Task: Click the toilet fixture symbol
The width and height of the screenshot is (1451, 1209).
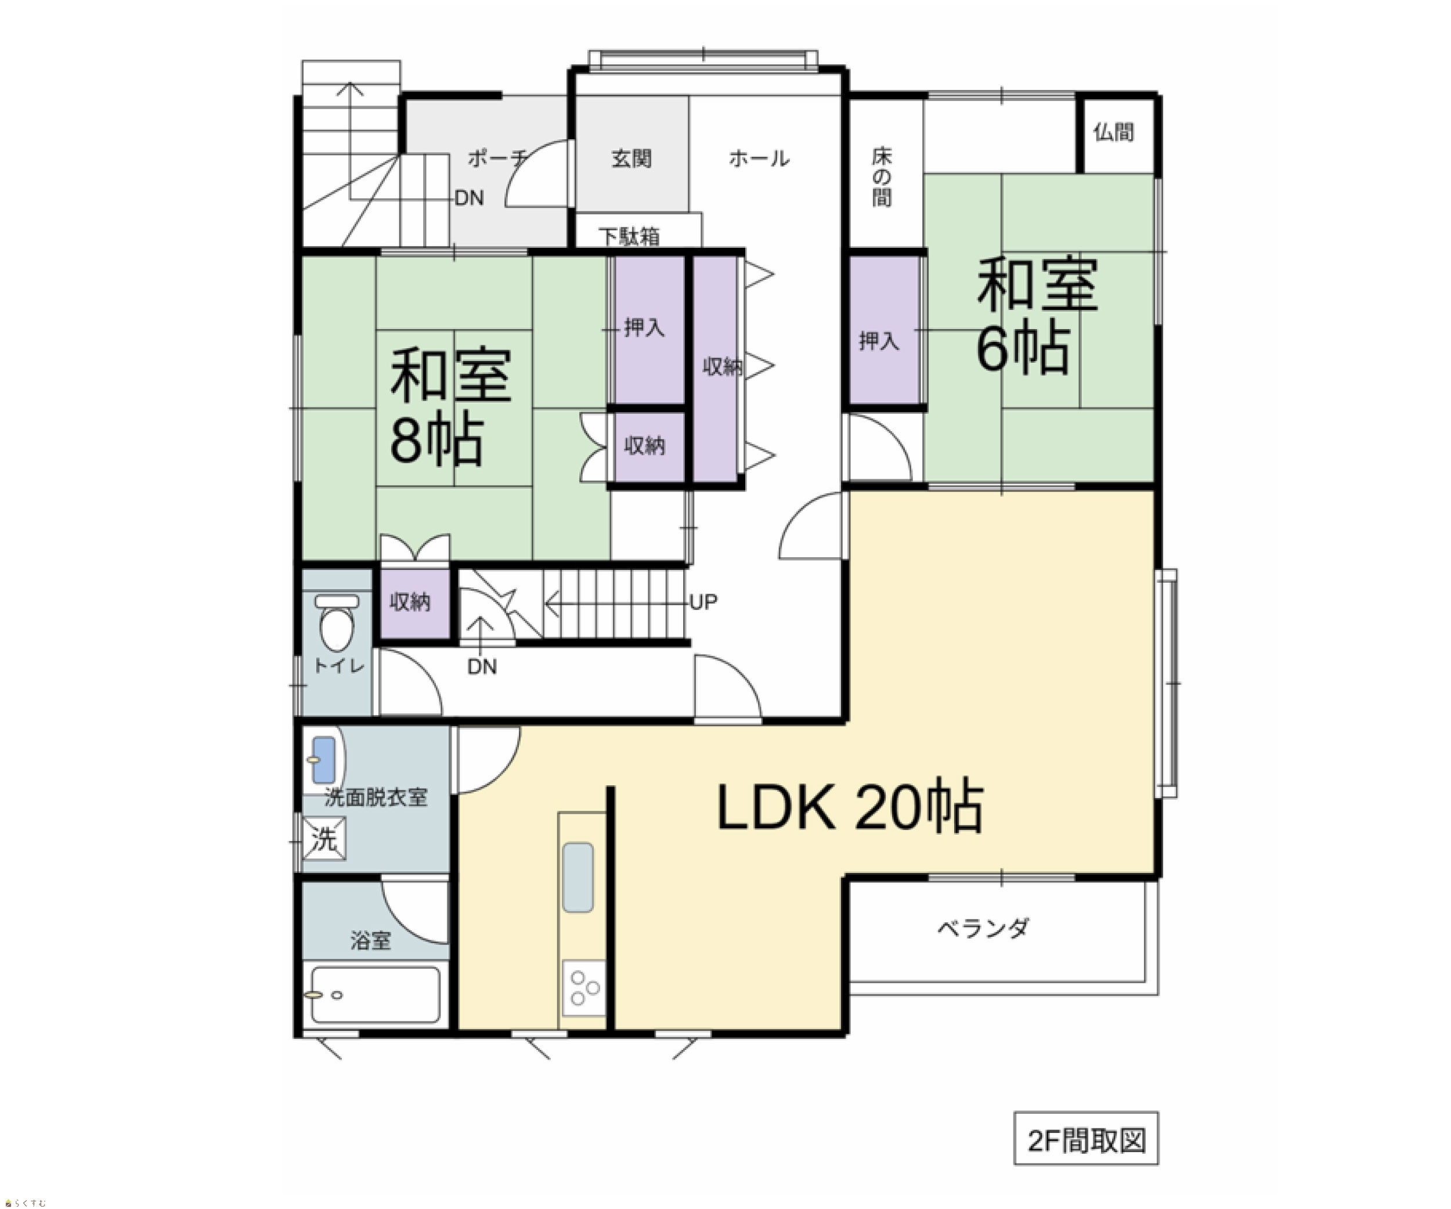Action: [x=337, y=622]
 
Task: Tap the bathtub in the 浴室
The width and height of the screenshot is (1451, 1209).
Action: [x=375, y=995]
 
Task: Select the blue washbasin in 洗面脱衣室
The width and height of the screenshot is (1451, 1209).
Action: [x=323, y=760]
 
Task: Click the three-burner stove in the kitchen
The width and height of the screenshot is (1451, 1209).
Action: [x=584, y=988]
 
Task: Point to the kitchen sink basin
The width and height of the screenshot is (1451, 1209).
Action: [x=577, y=878]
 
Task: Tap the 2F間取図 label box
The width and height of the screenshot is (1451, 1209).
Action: [x=1086, y=1139]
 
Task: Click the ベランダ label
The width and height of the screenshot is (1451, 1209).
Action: [x=983, y=928]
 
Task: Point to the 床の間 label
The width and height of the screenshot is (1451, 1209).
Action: [x=882, y=177]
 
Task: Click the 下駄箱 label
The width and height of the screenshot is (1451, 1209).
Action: [x=629, y=237]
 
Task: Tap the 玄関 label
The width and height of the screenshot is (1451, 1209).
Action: [x=631, y=158]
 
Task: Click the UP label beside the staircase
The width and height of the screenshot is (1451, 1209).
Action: [x=703, y=602]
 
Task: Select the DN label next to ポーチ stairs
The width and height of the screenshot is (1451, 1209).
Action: [x=469, y=199]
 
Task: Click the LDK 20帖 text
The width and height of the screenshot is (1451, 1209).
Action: [x=850, y=806]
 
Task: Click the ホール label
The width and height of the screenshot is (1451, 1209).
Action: [x=759, y=158]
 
